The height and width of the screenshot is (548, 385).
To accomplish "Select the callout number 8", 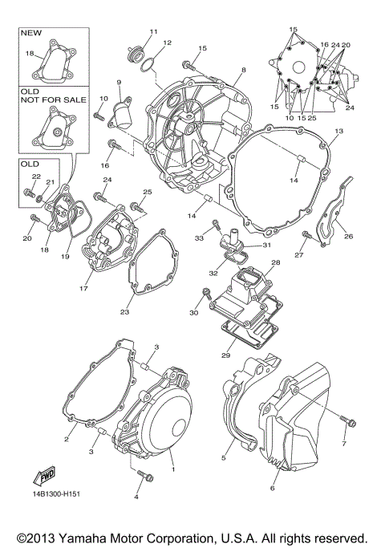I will tap(242, 71).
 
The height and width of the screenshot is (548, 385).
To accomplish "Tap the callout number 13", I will tap(338, 131).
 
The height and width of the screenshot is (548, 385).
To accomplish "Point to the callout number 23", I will tap(125, 312).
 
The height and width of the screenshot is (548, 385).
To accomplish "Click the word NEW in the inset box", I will tap(30, 34).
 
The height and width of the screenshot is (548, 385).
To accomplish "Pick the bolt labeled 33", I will tap(216, 222).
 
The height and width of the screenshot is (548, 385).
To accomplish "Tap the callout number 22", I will tap(35, 177).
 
